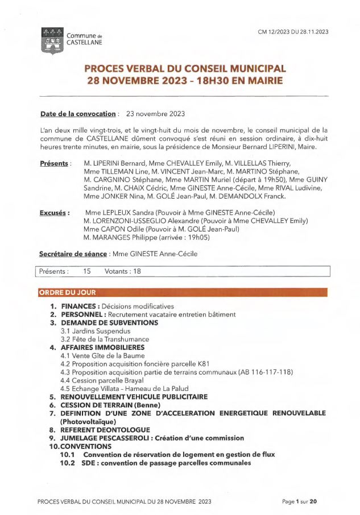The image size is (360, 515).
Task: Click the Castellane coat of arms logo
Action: pos(53,40)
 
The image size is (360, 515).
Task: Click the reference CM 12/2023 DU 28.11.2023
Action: pos(293,32)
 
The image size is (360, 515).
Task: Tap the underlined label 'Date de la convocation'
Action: pos(78,114)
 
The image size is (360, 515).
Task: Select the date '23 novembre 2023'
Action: pos(155,114)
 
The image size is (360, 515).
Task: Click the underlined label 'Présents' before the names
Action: pos(55,164)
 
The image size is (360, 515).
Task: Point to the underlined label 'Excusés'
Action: pos(55,213)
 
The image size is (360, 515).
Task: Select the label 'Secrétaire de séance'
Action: pos(72,254)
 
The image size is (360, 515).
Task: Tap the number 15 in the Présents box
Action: pos(87,271)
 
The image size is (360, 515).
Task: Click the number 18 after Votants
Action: pos(136,271)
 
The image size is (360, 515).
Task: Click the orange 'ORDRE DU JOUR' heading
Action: pos(68,292)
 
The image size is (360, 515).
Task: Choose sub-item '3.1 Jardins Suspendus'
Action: pos(95,331)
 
